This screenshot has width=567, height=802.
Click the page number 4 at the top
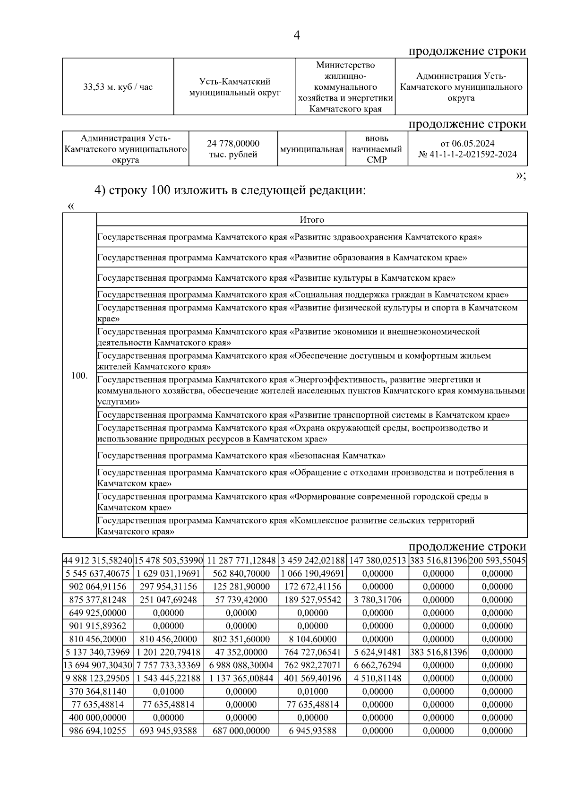point(297,35)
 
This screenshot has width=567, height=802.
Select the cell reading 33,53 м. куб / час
point(118,87)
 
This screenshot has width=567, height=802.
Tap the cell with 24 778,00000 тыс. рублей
point(233,149)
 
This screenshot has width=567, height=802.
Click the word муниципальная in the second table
point(312,149)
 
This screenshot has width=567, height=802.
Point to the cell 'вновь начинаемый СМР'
point(377,149)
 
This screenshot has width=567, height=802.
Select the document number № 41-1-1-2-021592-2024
point(467,155)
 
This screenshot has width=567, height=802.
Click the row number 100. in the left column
point(79,376)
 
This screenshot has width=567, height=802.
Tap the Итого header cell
point(312,220)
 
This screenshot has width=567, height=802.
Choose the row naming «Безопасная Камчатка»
point(241,456)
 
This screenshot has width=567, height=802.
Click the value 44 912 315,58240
point(98,561)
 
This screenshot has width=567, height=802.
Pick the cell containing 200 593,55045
point(497,561)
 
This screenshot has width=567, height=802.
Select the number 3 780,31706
point(378,600)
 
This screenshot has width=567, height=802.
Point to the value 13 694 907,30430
point(98,665)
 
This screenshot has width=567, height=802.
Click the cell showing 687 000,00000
point(241,731)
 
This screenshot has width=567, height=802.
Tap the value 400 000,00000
point(98,717)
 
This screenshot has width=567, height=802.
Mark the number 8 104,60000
point(312,639)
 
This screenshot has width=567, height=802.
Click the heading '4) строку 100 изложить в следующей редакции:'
point(231,190)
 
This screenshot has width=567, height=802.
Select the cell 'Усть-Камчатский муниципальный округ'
point(235,87)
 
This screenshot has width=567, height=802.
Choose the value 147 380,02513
point(378,561)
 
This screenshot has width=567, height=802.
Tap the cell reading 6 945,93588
point(312,731)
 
